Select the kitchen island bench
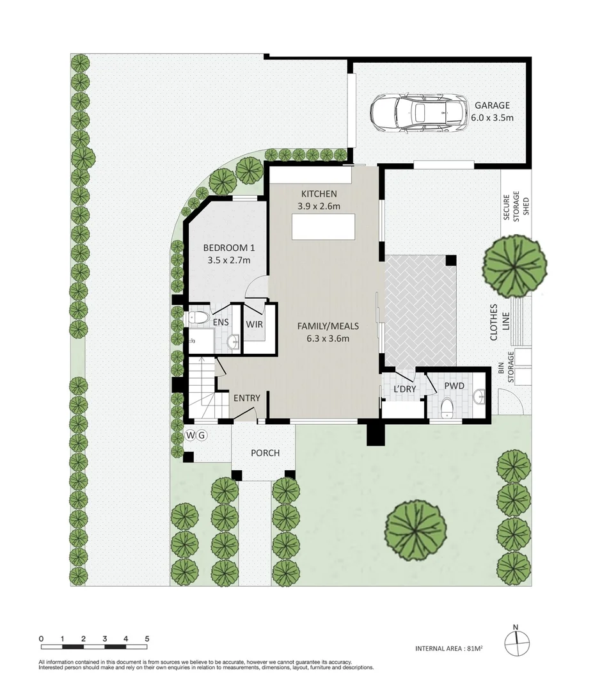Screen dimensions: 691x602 point(323,226)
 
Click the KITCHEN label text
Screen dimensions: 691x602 point(319,195)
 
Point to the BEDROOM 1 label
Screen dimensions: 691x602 point(228,248)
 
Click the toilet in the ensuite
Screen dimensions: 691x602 point(199,317)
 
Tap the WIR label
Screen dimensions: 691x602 point(255,324)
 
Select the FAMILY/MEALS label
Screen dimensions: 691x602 point(328,326)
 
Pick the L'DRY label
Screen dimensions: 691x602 point(404,389)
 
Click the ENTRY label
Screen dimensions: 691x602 point(246,398)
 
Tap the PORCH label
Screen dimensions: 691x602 point(265,453)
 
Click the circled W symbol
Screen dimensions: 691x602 point(191,436)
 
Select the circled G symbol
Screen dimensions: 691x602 point(202,436)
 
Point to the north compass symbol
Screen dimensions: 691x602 point(517,640)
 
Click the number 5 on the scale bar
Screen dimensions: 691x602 point(147,639)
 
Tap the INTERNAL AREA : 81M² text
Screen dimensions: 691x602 point(448,648)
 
